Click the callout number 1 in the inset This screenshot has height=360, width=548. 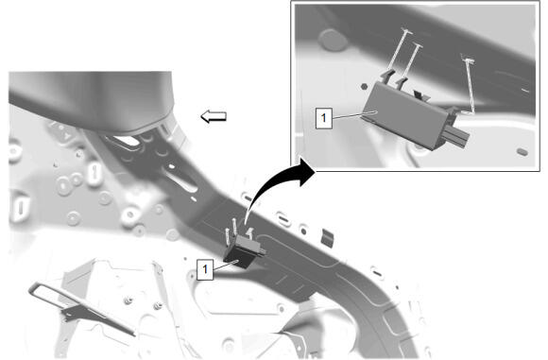coord(324,118)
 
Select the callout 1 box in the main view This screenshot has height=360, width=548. coord(205,269)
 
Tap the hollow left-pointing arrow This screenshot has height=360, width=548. coord(214,116)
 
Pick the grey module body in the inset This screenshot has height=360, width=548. coord(405,112)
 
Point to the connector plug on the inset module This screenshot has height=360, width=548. coord(455,136)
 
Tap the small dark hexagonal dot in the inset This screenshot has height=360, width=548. coord(364,86)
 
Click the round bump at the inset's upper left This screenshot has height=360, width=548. coord(334,39)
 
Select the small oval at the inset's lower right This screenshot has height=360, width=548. coord(522,152)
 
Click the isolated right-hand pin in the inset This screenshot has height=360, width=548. coord(469,85)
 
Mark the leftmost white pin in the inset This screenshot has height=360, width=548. coord(398,49)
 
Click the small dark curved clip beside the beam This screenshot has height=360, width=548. coord(328,238)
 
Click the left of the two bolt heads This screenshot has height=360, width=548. coord(128,300)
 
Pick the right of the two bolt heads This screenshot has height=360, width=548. coord(158,305)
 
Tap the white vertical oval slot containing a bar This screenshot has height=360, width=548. coord(94,173)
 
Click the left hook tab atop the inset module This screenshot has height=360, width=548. coord(386,77)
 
